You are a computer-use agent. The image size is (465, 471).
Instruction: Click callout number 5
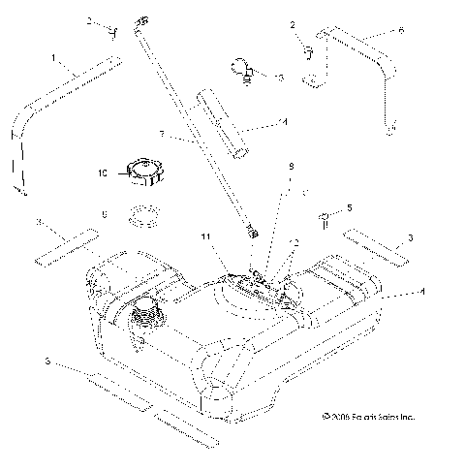(x=349, y=206)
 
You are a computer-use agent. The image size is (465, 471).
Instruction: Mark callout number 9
(x=288, y=166)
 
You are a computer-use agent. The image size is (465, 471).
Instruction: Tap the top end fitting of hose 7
(x=145, y=18)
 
